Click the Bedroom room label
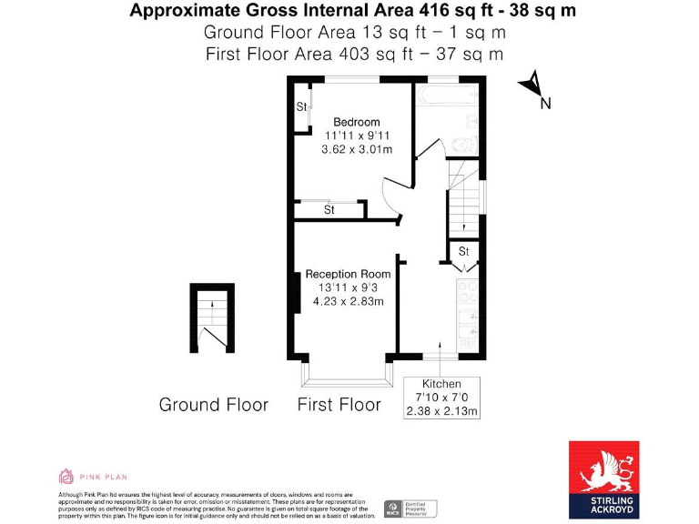click(x=356, y=122)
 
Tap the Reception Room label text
click(x=348, y=274)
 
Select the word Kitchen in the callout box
click(x=441, y=384)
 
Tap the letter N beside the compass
click(x=545, y=104)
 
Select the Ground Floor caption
click(x=214, y=405)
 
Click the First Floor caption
click(x=339, y=405)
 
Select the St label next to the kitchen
click(x=462, y=251)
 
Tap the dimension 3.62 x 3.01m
click(x=357, y=149)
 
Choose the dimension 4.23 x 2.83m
click(x=348, y=301)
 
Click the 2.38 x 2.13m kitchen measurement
click(x=441, y=411)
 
